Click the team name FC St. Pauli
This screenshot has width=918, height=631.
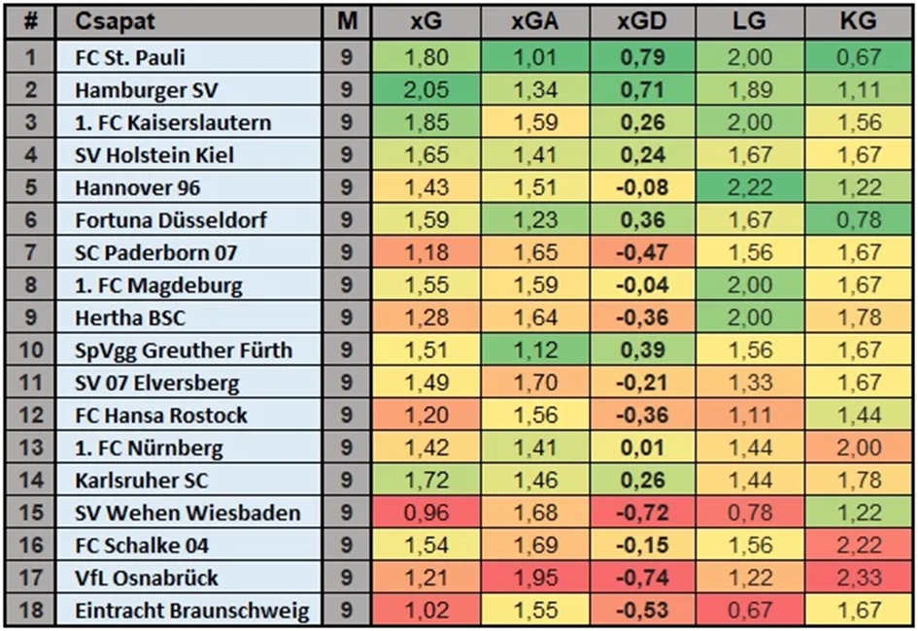tap(129, 58)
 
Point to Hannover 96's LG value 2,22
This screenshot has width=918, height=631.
tap(750, 188)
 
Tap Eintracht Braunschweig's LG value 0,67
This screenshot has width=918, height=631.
tap(750, 612)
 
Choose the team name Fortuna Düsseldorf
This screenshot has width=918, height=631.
tap(170, 220)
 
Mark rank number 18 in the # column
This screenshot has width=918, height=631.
tap(31, 612)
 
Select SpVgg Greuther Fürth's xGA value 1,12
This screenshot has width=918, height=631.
tap(534, 350)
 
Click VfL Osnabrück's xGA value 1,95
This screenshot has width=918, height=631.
tap(534, 579)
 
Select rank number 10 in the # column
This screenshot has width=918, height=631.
tap(31, 350)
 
